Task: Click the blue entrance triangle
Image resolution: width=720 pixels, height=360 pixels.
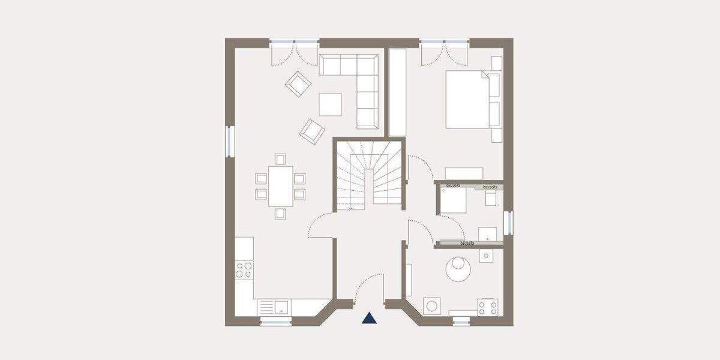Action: click(x=370, y=318)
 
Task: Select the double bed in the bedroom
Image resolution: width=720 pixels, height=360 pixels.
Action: click(x=468, y=100)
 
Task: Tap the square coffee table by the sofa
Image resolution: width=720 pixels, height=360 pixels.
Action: click(x=330, y=104)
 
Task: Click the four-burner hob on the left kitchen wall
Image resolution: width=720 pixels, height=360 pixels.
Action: click(x=244, y=270)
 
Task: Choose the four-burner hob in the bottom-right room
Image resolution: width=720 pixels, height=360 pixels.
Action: click(x=488, y=308)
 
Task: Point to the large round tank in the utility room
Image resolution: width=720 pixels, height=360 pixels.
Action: click(x=460, y=269)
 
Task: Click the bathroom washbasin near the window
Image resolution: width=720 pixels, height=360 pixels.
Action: click(x=487, y=233)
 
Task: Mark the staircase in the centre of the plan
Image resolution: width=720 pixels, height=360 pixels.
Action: click(x=369, y=175)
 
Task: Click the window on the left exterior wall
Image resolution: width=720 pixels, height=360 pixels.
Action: click(x=230, y=141)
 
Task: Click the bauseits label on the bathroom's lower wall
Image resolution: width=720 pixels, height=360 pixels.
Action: click(x=467, y=244)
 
